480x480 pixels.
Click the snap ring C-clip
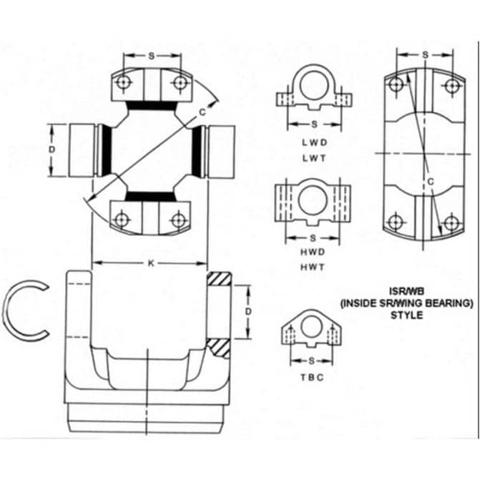(x=26, y=310)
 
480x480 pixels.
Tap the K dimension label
(x=151, y=263)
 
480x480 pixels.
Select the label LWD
(x=314, y=142)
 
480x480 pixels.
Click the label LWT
(x=314, y=158)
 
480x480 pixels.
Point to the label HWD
(x=313, y=252)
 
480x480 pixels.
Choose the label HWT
(x=313, y=268)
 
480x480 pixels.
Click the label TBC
(x=312, y=378)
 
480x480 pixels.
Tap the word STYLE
(x=406, y=315)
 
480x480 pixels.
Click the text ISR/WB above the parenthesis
(x=406, y=290)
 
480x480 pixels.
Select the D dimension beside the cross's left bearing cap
(x=52, y=150)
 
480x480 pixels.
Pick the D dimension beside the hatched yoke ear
(x=248, y=312)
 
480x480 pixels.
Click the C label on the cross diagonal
(x=202, y=112)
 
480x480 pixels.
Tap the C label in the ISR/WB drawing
(x=431, y=182)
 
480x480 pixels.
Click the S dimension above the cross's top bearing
(x=151, y=56)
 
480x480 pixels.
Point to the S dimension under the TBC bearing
(x=311, y=361)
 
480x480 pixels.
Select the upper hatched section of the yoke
(x=219, y=278)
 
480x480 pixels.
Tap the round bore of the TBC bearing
(x=311, y=327)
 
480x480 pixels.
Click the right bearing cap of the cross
(x=222, y=152)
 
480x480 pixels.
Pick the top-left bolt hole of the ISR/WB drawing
(x=397, y=84)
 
